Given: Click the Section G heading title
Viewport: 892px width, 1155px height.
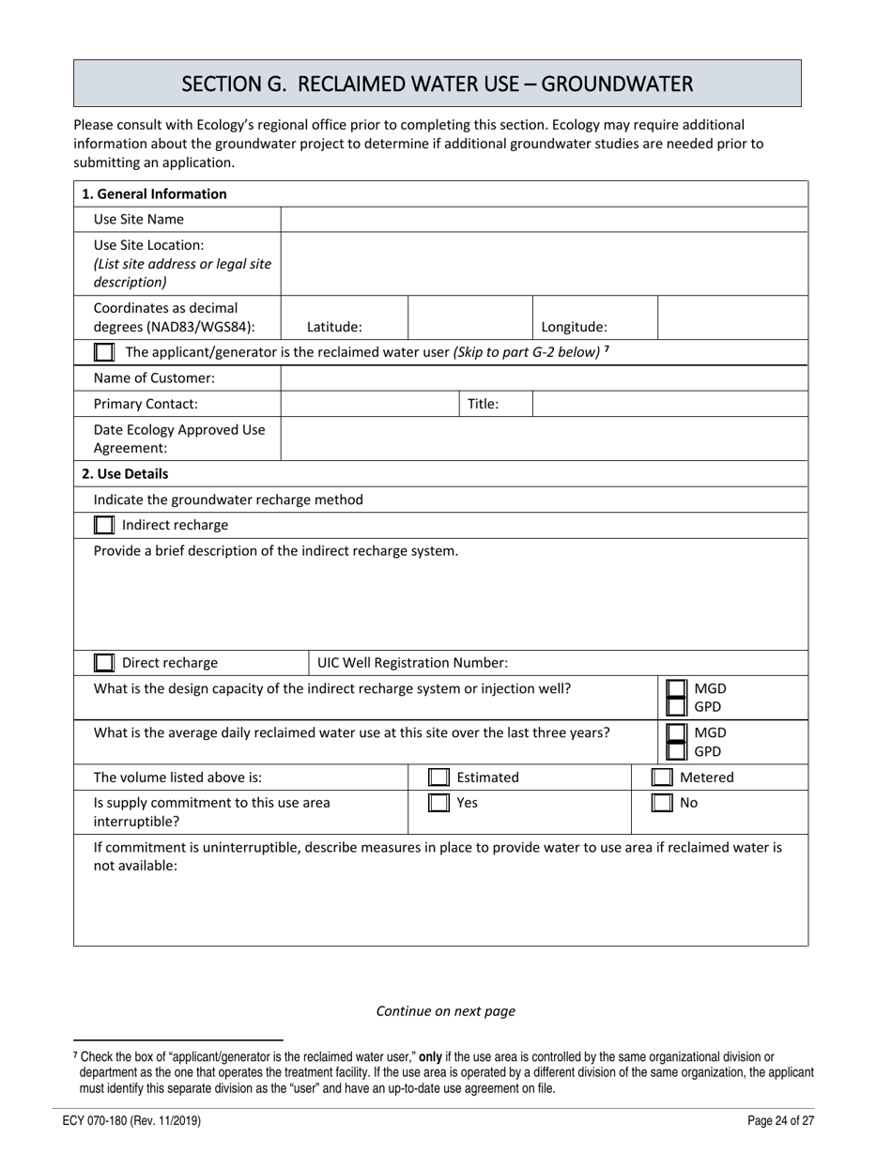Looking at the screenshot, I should (x=438, y=84).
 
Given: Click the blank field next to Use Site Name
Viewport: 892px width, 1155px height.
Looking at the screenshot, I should (x=544, y=219).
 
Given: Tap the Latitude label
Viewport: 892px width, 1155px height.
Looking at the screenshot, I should (x=334, y=328).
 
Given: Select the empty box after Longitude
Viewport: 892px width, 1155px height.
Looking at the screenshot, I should (x=732, y=317).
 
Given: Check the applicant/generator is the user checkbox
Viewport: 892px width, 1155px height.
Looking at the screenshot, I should (x=105, y=352).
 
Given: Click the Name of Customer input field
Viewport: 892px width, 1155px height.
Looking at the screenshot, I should (x=544, y=378).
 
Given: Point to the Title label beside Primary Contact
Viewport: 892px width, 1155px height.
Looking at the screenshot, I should (x=483, y=404).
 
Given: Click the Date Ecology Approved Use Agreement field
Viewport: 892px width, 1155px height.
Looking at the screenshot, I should (x=544, y=439).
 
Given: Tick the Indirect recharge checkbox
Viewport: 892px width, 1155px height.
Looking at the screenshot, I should (x=105, y=525).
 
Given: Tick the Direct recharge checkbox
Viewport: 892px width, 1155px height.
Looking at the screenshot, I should (x=105, y=663).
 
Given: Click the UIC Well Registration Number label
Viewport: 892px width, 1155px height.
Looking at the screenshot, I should (x=413, y=663).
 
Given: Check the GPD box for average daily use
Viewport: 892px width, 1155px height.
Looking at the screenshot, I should (x=676, y=751).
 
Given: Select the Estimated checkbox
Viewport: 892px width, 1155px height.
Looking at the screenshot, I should (x=438, y=778).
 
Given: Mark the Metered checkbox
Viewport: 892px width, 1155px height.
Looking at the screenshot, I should (x=662, y=778).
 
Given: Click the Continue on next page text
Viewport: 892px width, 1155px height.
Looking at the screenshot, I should (x=446, y=1011).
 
